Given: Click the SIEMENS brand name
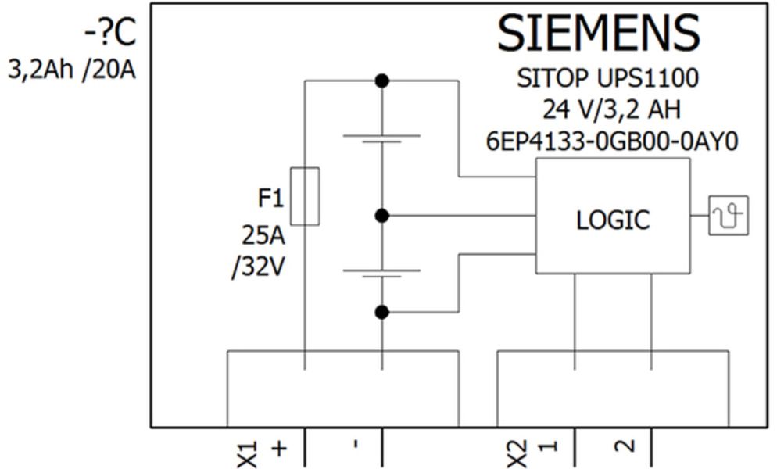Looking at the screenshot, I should [598, 34].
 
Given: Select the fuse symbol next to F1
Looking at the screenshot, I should [304, 196].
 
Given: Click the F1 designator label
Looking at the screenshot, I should [270, 199].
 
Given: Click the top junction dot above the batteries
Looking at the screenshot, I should [381, 81].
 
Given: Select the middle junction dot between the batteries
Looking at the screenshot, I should [381, 215].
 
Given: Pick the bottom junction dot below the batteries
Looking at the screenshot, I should [381, 312].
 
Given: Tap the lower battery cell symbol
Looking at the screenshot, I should [381, 274].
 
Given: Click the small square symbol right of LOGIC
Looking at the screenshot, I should [728, 215].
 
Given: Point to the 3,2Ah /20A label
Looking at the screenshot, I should [72, 71].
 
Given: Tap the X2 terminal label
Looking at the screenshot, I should [517, 451].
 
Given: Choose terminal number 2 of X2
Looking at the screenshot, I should [623, 447].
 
